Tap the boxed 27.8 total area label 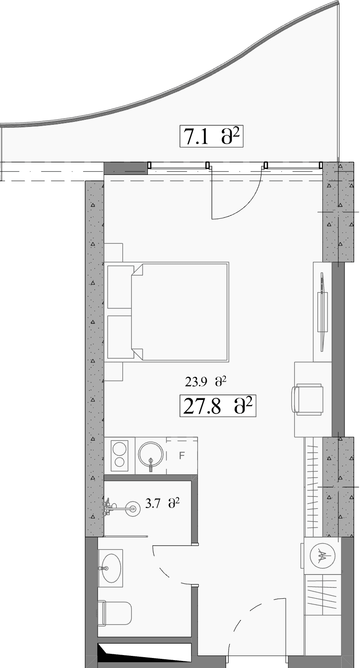click(218, 405)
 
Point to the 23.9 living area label click(205, 382)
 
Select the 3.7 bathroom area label click(162, 504)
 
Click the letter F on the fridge click(182, 455)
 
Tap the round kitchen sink click(151, 455)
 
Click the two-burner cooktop click(119, 455)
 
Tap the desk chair click(307, 399)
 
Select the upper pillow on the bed click(120, 286)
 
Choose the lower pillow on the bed click(120, 337)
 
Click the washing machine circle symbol click(322, 555)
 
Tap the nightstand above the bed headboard click(113, 253)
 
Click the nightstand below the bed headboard click(113, 371)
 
